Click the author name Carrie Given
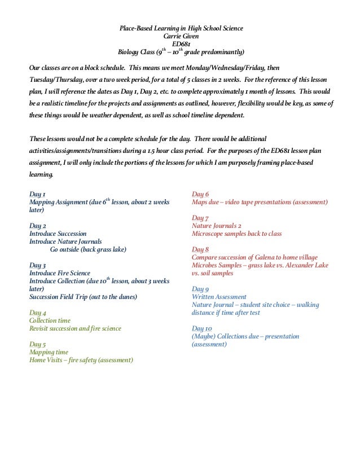[181, 36]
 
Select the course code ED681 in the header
[181, 44]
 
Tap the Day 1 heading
[37, 194]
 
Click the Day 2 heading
[37, 226]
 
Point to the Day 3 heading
[37, 265]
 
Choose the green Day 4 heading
[37, 313]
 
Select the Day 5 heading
[37, 344]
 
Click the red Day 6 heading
[200, 194]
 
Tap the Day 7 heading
[200, 218]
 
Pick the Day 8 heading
[200, 249]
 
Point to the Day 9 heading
[200, 289]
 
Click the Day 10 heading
[202, 328]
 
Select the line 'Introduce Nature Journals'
[65, 241]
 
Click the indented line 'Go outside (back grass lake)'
[88, 249]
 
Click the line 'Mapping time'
[49, 352]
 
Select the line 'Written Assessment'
[219, 297]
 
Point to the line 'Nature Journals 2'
[217, 226]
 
